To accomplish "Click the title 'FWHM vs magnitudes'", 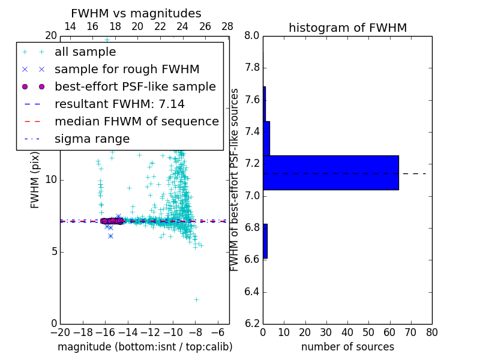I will pyautogui.click(x=136, y=13).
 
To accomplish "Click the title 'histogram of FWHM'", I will pyautogui.click(x=347, y=28).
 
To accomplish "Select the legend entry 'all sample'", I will pyautogui.click(x=85, y=52).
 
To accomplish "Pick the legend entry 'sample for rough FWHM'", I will pyautogui.click(x=127, y=70).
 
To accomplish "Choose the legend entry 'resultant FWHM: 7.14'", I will pyautogui.click(x=119, y=104).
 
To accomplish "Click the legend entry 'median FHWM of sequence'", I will pyautogui.click(x=136, y=122).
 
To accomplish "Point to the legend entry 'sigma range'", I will pyautogui.click(x=92, y=139).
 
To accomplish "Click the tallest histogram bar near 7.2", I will pyautogui.click(x=331, y=173).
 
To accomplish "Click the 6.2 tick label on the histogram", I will pyautogui.click(x=251, y=324).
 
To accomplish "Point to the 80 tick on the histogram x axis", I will pyautogui.click(x=431, y=332).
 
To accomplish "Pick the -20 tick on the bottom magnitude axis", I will pyautogui.click(x=60, y=332).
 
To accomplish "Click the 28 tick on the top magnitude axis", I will pyautogui.click(x=227, y=27).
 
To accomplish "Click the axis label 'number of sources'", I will pyautogui.click(x=347, y=347).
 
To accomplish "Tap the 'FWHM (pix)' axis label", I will pyautogui.click(x=35, y=180).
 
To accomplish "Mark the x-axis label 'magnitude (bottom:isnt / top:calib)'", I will pyautogui.click(x=145, y=347).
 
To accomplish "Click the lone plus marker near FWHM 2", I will pyautogui.click(x=196, y=299).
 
